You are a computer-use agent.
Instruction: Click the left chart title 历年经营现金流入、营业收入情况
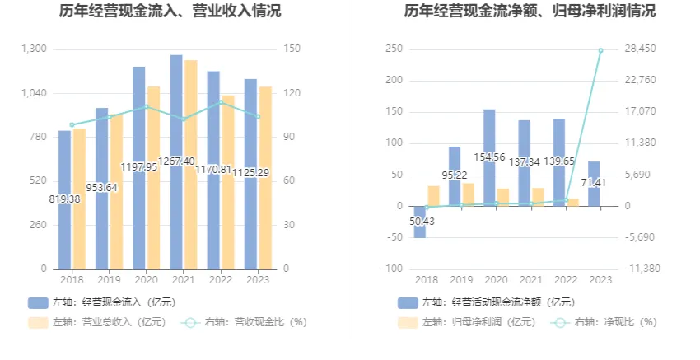click(x=170, y=12)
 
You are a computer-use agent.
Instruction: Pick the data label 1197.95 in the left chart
click(x=139, y=166)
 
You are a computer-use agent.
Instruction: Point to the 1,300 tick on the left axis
click(x=33, y=49)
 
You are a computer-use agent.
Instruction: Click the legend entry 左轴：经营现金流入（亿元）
click(x=101, y=302)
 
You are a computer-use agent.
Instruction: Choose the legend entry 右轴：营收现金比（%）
click(x=245, y=322)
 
